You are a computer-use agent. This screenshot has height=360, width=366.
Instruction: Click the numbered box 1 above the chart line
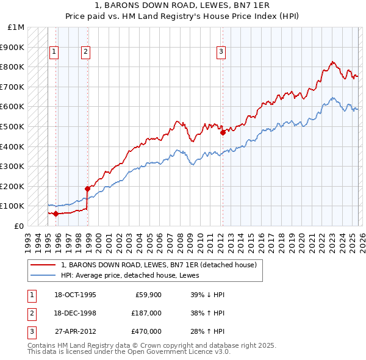tap(54, 52)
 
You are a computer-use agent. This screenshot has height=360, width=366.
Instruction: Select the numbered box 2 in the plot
tap(85, 52)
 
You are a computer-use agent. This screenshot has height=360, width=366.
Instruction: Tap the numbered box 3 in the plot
tap(220, 52)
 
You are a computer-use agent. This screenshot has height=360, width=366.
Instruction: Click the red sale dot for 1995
tap(56, 214)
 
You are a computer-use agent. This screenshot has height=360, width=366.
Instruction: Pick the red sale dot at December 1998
tap(87, 189)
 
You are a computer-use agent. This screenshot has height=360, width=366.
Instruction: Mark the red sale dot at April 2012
tap(223, 132)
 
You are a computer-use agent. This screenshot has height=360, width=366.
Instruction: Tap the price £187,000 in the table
tap(146, 313)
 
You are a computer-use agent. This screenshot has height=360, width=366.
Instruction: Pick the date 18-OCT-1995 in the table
tap(75, 295)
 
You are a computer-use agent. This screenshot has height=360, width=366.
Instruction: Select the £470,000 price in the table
tap(146, 331)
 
